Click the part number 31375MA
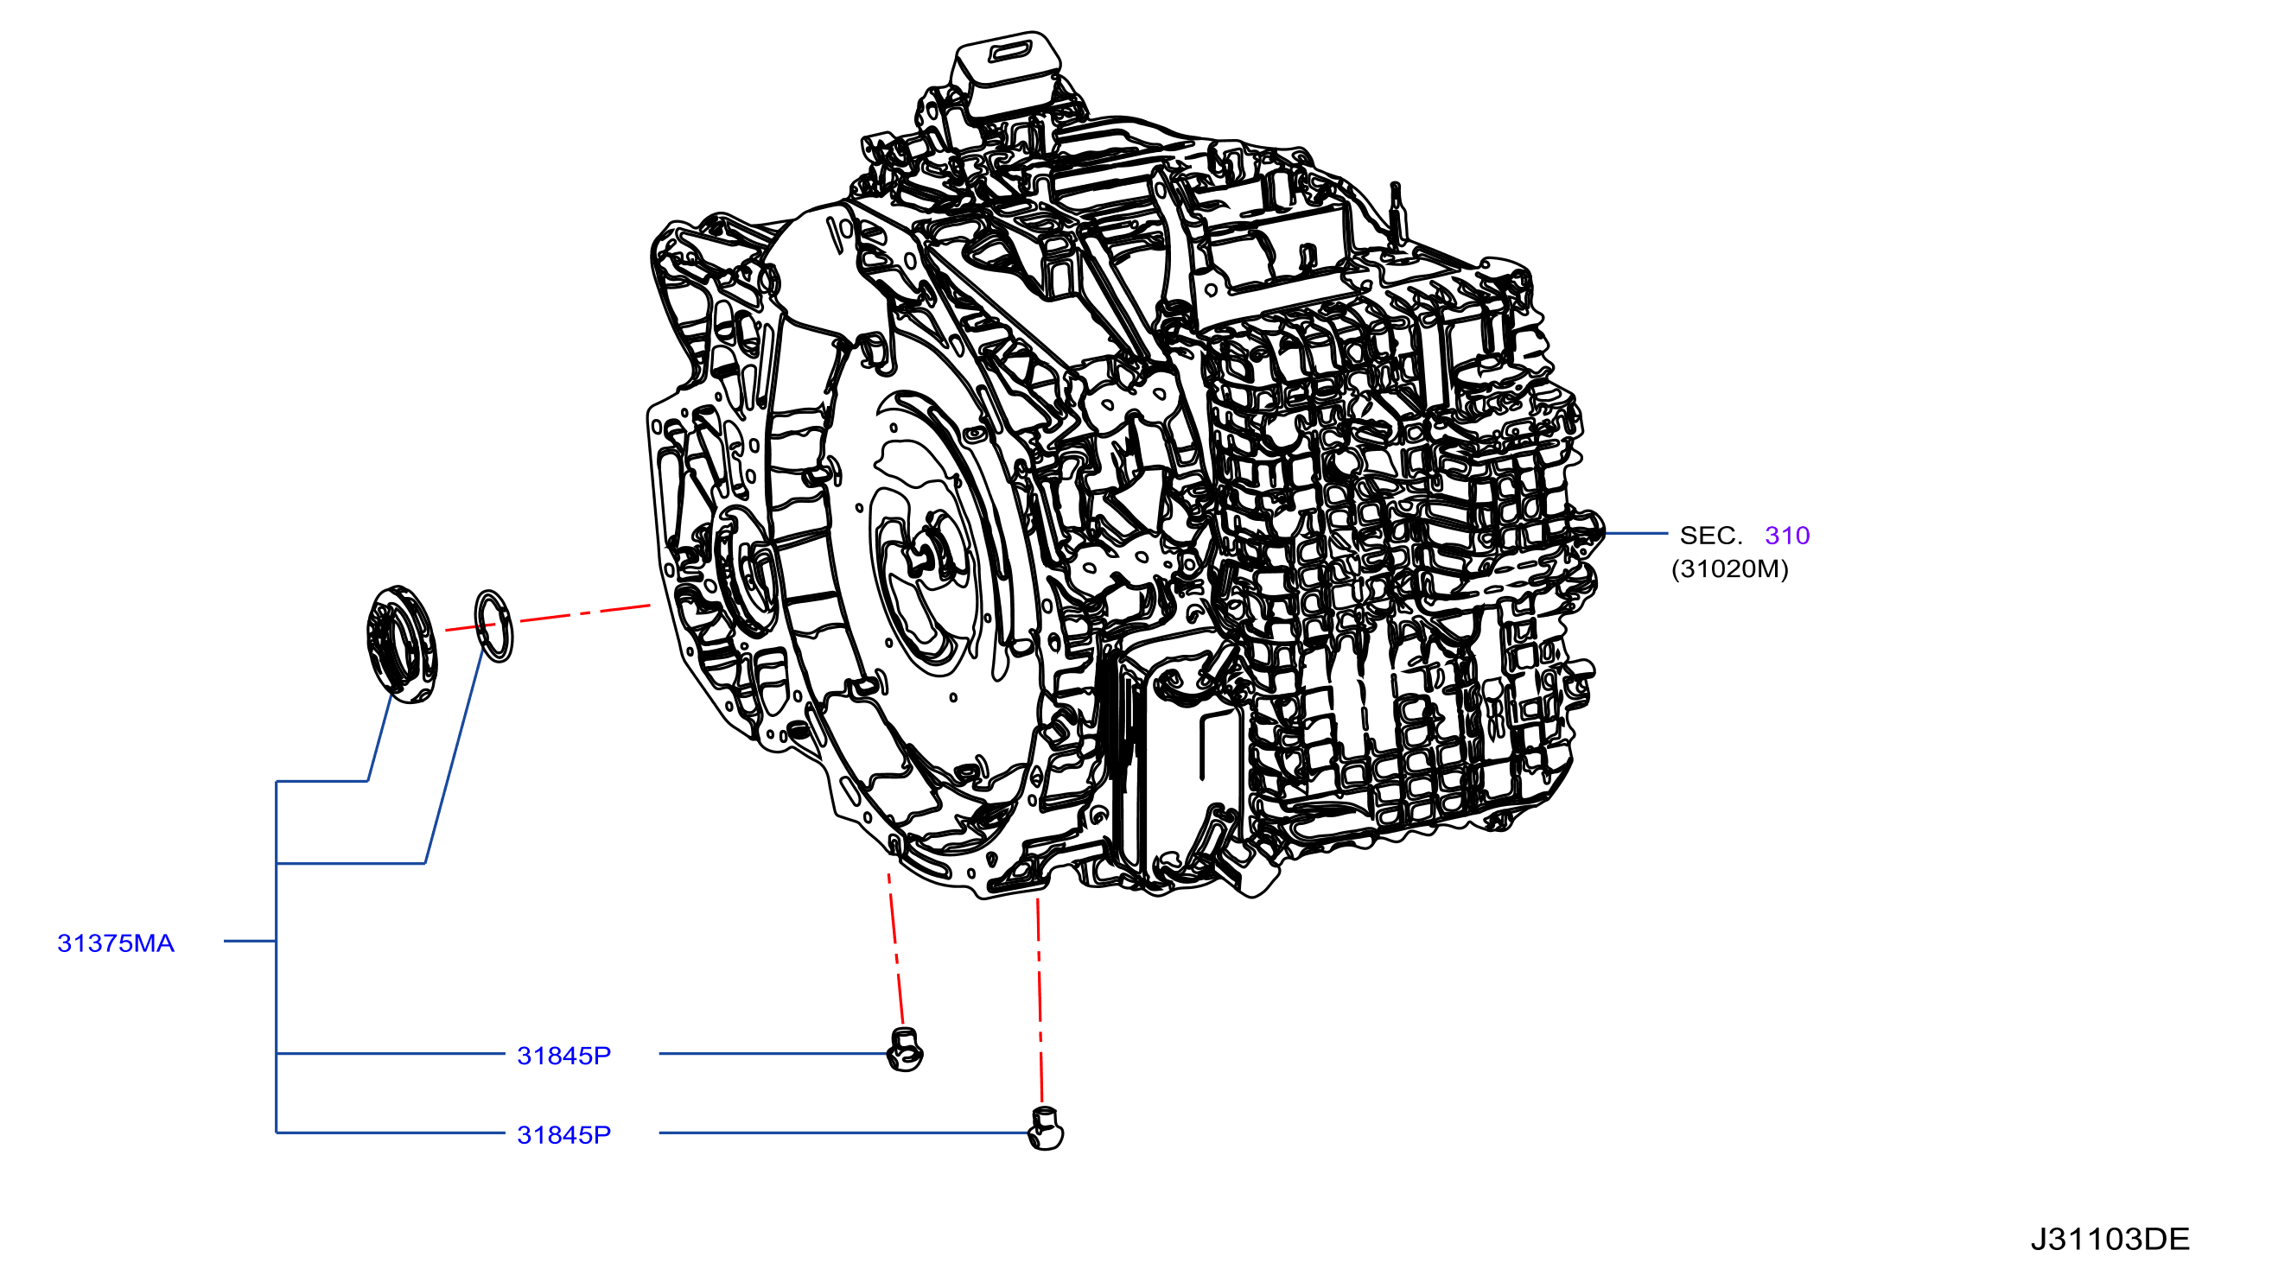tap(116, 943)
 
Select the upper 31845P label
tap(563, 1056)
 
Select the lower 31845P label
tap(563, 1135)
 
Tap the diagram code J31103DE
tap(2109, 1240)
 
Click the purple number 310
tap(1786, 536)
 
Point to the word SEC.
tap(1710, 536)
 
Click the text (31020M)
tap(1730, 568)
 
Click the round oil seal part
tap(402, 644)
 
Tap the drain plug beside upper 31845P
tap(905, 1050)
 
